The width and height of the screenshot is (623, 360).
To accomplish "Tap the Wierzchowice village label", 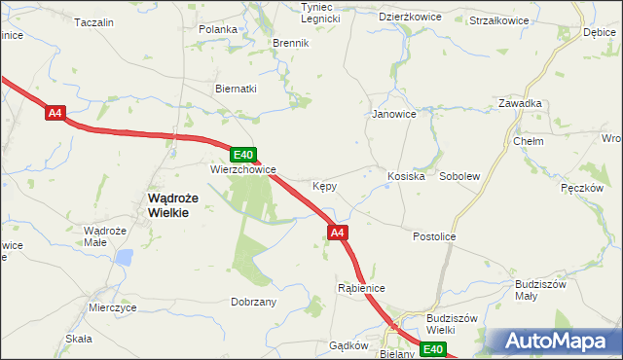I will [243, 168].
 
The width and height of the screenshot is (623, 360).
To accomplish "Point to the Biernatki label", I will [236, 89].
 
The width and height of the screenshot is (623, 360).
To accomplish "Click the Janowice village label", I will [394, 114].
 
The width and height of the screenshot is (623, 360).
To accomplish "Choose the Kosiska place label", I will [407, 176].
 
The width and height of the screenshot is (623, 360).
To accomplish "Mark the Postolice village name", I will [434, 236].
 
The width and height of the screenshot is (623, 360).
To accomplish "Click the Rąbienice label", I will [361, 288].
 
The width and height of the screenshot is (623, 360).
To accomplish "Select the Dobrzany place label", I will [254, 302].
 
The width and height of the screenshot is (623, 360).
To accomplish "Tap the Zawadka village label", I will [520, 103].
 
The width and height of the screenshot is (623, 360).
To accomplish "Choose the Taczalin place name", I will [94, 22].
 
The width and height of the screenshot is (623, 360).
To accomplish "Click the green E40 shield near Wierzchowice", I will [243, 154].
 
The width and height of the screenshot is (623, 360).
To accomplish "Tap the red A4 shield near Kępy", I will [337, 233].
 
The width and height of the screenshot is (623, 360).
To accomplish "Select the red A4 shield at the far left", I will [55, 114].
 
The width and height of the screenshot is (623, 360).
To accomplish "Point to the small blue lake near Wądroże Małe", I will [124, 257].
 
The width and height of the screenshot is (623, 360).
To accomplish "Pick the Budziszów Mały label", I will [540, 290].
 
